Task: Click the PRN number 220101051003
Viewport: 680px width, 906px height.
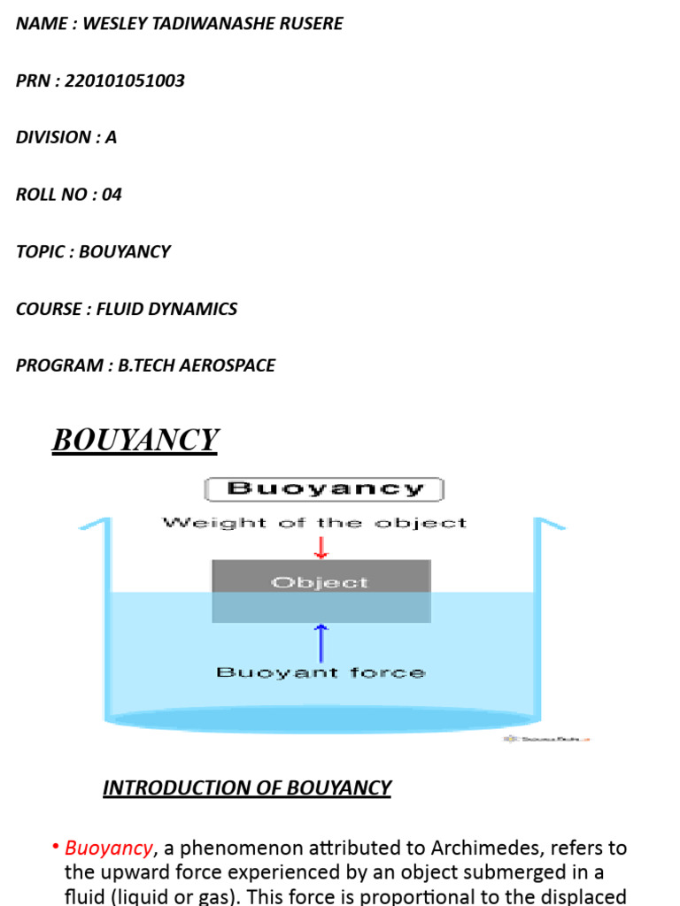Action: point(125,81)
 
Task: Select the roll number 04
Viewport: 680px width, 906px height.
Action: point(112,195)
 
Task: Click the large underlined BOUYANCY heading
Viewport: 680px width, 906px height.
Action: point(135,440)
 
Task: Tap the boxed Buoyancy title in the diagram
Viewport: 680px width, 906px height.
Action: point(324,488)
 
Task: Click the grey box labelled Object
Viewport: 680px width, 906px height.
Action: point(321,583)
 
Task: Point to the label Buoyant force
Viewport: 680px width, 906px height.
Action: point(321,672)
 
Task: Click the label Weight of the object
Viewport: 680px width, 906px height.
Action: point(314,523)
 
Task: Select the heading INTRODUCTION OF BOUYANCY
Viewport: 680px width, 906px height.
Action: point(247,787)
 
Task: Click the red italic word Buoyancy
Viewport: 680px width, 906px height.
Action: point(109,848)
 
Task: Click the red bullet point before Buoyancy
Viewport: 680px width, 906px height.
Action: point(56,848)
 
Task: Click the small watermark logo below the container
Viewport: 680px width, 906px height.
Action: point(547,739)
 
